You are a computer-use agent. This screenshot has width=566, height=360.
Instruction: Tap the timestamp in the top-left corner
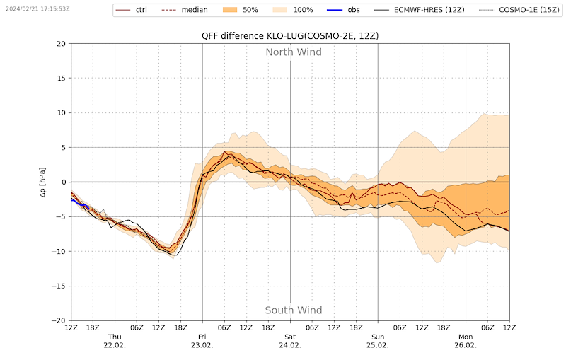pyautogui.click(x=38, y=8)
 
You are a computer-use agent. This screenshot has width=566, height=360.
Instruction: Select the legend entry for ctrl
pyautogui.click(x=131, y=10)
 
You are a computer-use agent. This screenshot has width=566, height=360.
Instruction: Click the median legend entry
pyautogui.click(x=184, y=10)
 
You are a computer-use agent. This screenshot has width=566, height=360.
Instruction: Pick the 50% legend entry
pyautogui.click(x=239, y=10)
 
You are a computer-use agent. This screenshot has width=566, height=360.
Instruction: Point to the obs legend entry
pyautogui.click(x=343, y=10)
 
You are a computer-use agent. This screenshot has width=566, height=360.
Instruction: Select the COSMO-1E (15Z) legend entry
pyautogui.click(x=519, y=10)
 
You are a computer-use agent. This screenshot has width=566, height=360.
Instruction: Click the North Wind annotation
pyautogui.click(x=294, y=52)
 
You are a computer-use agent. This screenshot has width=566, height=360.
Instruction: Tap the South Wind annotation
pyautogui.click(x=294, y=310)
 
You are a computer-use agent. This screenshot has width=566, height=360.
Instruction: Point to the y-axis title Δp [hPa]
pyautogui.click(x=42, y=182)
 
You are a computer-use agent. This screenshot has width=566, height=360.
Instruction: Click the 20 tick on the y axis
pyautogui.click(x=62, y=44)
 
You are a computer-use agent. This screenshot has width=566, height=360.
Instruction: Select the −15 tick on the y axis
pyautogui.click(x=59, y=286)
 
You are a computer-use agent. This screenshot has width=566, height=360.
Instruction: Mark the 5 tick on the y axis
pyautogui.click(x=64, y=148)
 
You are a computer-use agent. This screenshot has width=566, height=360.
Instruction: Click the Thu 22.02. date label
pyautogui.click(x=115, y=341)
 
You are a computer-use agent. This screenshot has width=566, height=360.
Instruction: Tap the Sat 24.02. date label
pyautogui.click(x=290, y=341)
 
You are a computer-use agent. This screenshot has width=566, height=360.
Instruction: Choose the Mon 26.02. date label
pyautogui.click(x=466, y=341)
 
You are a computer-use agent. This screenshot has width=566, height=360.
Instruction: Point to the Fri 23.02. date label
pyautogui.click(x=202, y=341)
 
